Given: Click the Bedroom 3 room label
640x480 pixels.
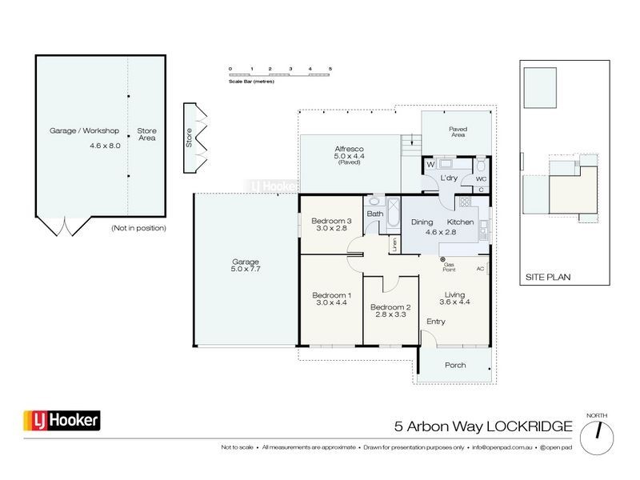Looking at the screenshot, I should click(331, 221).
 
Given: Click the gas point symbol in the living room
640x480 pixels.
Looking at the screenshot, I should click(442, 258).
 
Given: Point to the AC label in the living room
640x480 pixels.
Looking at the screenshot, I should click(480, 269).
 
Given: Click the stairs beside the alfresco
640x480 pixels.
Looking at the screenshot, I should click(410, 146).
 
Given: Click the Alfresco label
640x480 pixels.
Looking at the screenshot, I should click(349, 149).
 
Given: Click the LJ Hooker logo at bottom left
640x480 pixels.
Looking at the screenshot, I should click(59, 420).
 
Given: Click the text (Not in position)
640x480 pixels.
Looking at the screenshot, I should click(139, 229).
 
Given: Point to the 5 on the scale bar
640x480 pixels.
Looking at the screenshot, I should click(330, 70).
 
